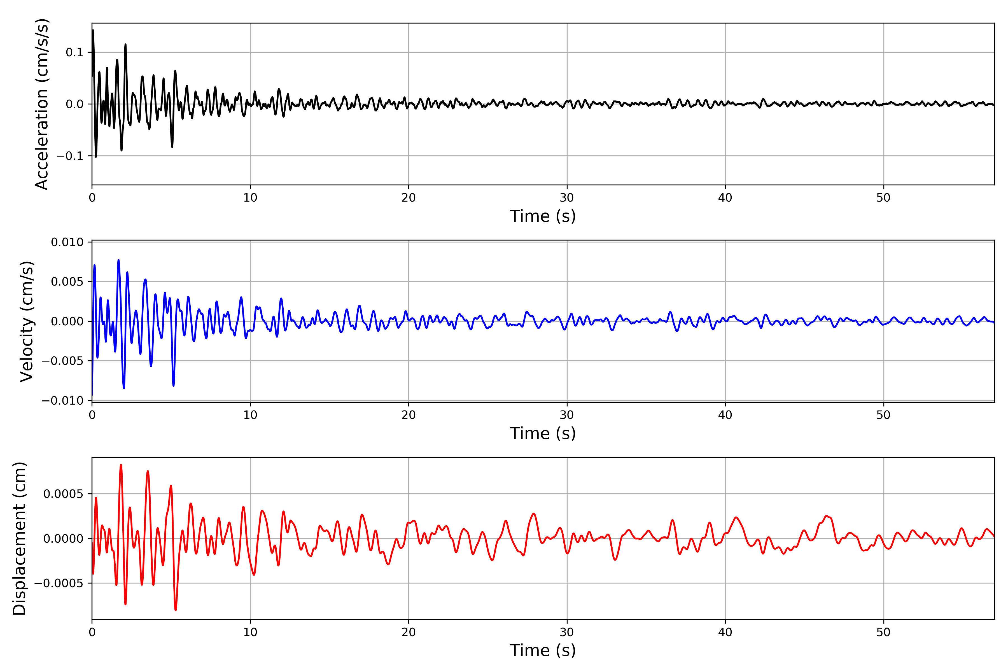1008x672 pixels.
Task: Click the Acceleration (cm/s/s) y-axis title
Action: point(42,104)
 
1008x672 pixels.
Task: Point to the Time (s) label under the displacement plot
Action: point(543,650)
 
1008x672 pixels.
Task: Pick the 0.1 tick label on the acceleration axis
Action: point(74,52)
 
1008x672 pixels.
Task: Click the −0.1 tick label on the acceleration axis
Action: point(70,156)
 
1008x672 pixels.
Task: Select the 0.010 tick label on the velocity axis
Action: point(67,242)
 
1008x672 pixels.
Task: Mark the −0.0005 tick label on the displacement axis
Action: point(59,583)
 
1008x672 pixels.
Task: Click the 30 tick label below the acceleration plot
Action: point(566,198)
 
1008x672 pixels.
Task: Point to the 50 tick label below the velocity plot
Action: point(883,415)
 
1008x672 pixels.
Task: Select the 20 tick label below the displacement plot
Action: point(409,632)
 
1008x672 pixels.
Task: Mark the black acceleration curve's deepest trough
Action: point(96,157)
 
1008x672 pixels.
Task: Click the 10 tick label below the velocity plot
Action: point(250,415)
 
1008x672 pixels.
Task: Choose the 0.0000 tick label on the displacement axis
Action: point(63,539)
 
